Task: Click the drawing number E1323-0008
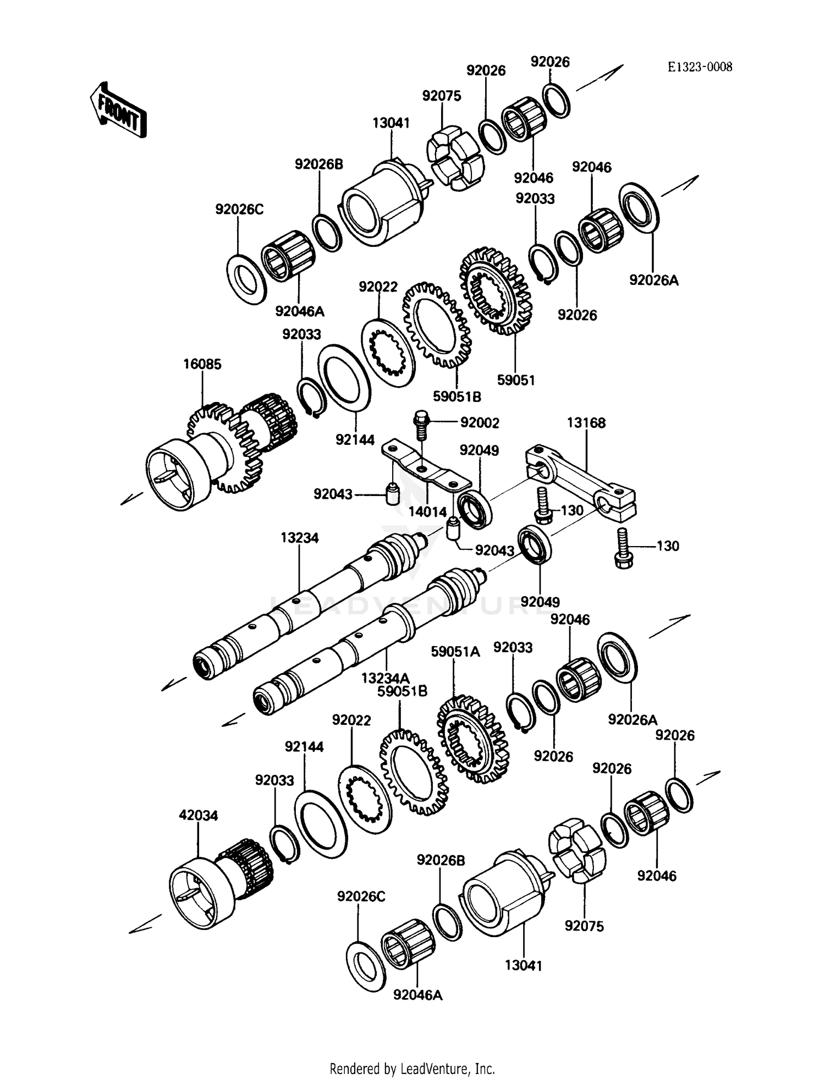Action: pos(700,67)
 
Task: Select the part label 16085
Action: pos(202,364)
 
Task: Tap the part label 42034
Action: pos(198,816)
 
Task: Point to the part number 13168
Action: pos(586,423)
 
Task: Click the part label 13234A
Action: pos(386,679)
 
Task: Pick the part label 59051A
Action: pos(455,652)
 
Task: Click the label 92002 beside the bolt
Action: pos(480,423)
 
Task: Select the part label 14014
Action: pos(427,512)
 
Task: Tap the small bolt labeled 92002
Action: pos(421,423)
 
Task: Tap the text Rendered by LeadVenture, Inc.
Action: pos(412,1069)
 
